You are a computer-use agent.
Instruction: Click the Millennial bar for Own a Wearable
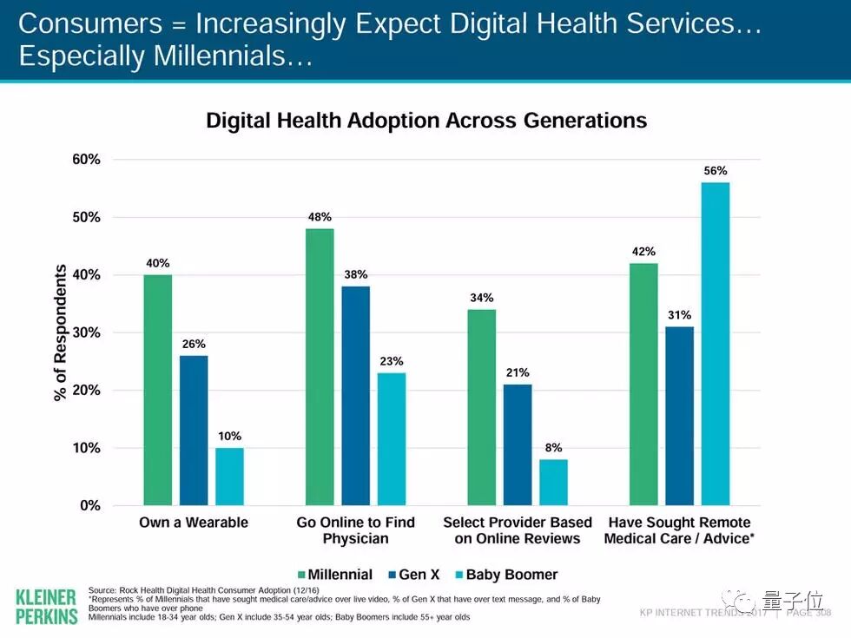pyautogui.click(x=157, y=390)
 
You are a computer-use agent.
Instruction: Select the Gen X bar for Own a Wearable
pyautogui.click(x=194, y=431)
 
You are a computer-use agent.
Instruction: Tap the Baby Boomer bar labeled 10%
pyautogui.click(x=229, y=477)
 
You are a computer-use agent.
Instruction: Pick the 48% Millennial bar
pyautogui.click(x=320, y=366)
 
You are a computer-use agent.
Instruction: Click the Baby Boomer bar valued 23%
pyautogui.click(x=391, y=439)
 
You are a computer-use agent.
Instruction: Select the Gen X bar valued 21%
pyautogui.click(x=518, y=444)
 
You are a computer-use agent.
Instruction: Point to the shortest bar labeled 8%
pyautogui.click(x=553, y=483)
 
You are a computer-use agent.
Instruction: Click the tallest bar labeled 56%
pyautogui.click(x=716, y=344)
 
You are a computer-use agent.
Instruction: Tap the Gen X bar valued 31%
pyautogui.click(x=680, y=416)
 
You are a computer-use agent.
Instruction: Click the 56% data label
pyautogui.click(x=716, y=171)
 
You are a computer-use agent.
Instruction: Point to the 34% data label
pyautogui.click(x=482, y=298)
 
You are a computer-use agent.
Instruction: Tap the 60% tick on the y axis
pyautogui.click(x=86, y=160)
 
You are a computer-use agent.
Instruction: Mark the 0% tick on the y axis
pyautogui.click(x=89, y=505)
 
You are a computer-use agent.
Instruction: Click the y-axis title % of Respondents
pyautogui.click(x=61, y=332)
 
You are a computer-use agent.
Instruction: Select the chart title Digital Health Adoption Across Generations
pyautogui.click(x=426, y=121)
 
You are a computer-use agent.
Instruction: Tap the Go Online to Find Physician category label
pyautogui.click(x=356, y=530)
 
